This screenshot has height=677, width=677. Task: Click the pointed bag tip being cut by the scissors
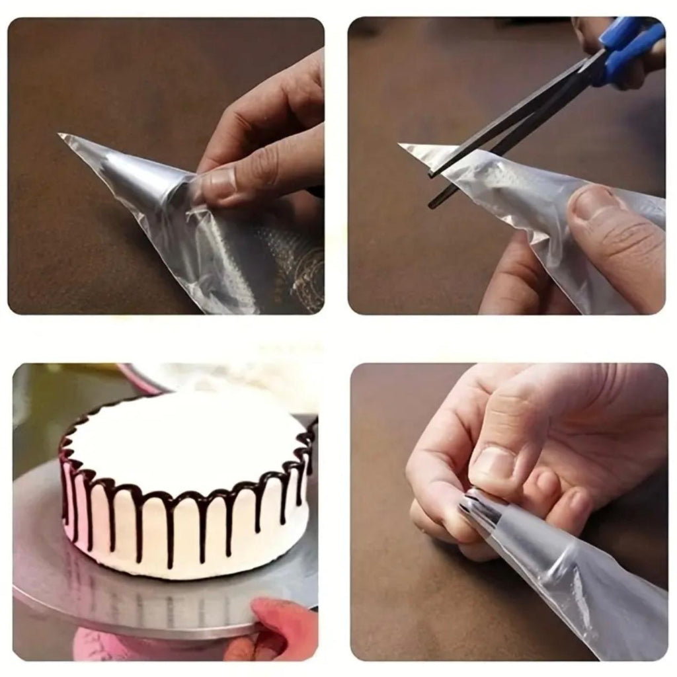[x=405, y=146]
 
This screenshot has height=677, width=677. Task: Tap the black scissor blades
[x=502, y=126]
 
